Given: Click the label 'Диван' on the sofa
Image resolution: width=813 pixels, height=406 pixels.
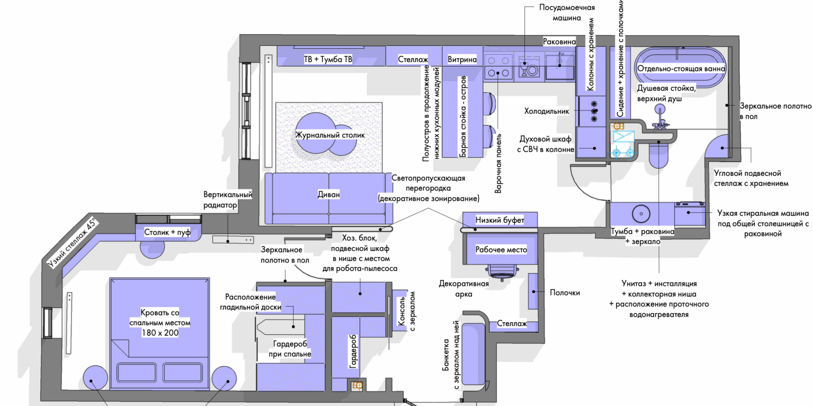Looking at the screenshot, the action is coord(329,194).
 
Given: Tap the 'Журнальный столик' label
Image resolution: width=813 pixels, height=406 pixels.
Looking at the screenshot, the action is coord(330,135).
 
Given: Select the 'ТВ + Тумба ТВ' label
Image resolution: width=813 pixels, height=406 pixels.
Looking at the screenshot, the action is coord(328,60).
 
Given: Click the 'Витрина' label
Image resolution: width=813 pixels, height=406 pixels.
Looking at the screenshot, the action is coord(462,60).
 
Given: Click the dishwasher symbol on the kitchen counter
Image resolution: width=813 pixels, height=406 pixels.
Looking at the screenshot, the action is coord(529,68).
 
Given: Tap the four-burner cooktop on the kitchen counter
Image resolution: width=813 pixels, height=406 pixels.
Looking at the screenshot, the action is coord(498,67).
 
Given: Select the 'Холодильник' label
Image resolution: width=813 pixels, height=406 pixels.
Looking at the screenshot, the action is coord(546,111).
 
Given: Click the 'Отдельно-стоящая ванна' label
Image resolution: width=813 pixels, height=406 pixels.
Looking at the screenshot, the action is coord(681,69).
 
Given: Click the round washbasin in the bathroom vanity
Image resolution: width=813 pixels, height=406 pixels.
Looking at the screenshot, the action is coord(641,214).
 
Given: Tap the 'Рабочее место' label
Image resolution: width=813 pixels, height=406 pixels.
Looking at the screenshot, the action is coord(501,250).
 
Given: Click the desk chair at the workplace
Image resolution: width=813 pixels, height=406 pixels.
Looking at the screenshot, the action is coord(502,272).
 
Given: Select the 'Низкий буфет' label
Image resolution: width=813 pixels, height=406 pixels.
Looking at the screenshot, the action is coord(500,220).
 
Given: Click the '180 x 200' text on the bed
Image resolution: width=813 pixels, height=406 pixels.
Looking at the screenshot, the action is coord(160,333).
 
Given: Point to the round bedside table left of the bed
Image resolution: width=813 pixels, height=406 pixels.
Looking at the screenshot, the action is coord(95,378).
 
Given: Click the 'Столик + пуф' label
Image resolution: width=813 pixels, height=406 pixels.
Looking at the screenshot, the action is coord(167,233).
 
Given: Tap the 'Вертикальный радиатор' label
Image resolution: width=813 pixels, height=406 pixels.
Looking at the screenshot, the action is coord(227,200).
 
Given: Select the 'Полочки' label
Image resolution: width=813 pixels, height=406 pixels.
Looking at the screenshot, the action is coord(565,293).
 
